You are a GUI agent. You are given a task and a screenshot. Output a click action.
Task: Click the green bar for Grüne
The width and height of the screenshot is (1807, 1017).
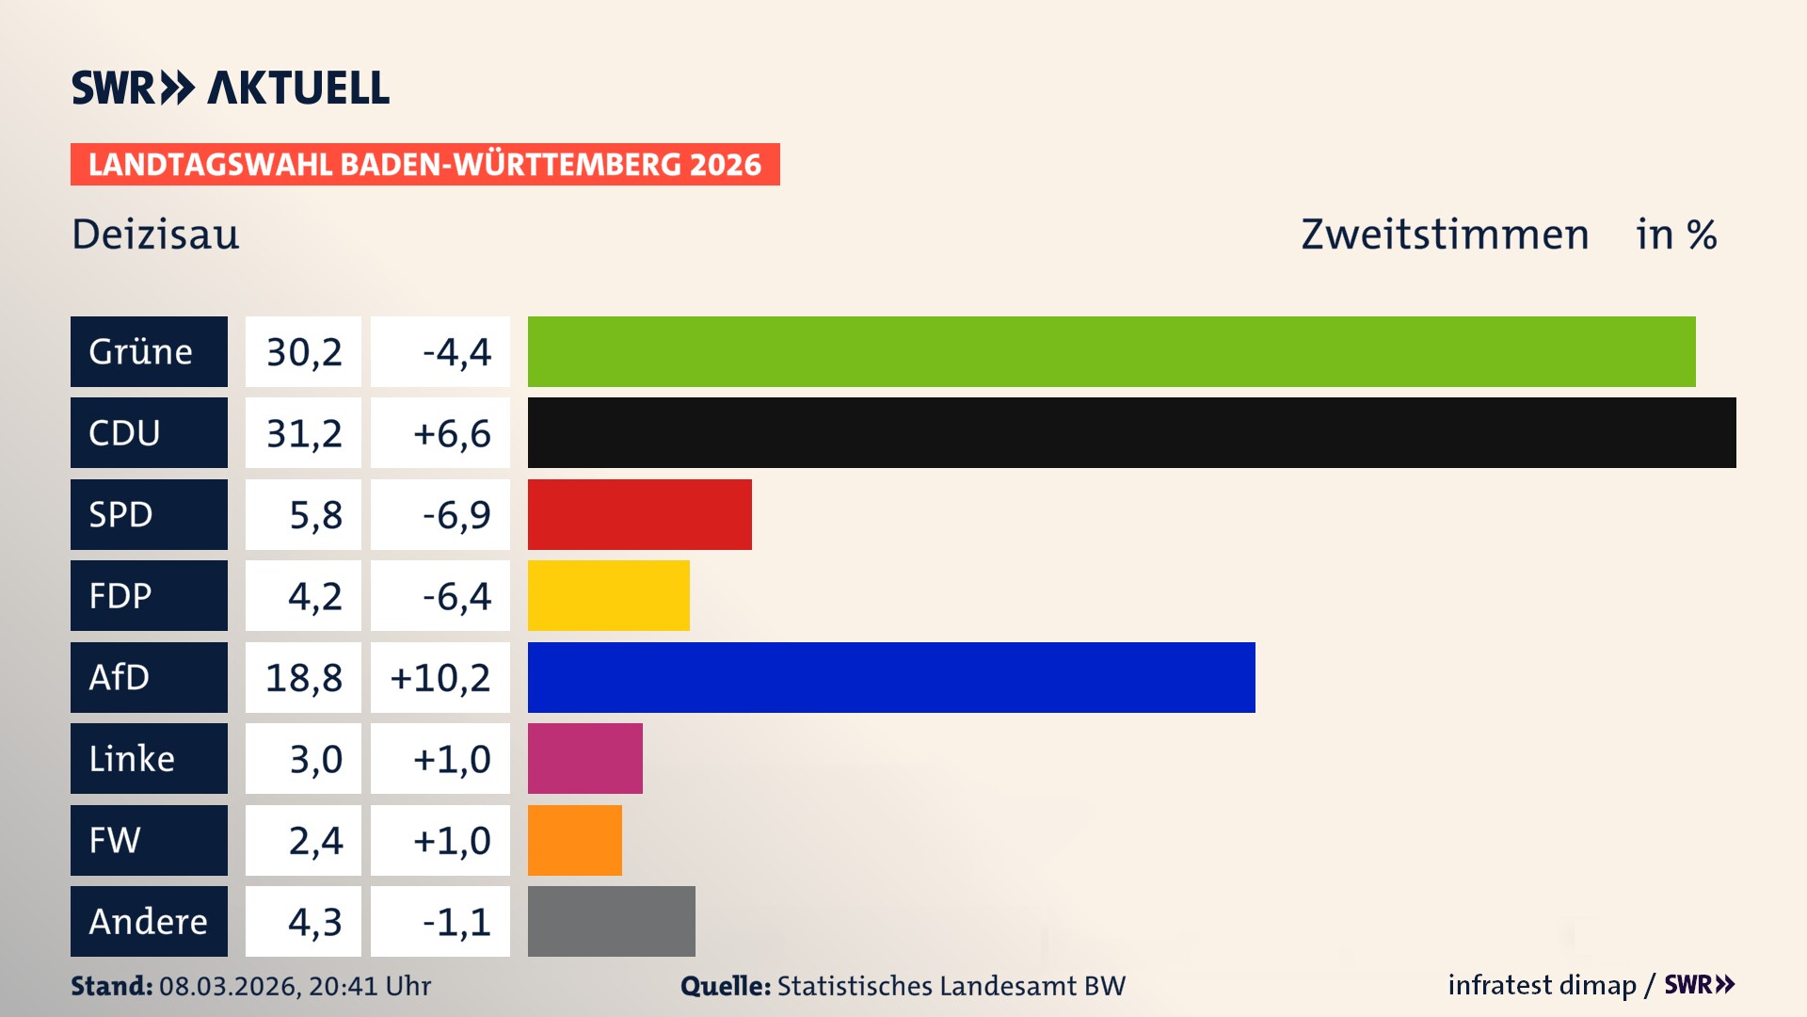point(1111,351)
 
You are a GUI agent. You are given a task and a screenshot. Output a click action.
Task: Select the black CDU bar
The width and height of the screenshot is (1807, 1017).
point(1131,433)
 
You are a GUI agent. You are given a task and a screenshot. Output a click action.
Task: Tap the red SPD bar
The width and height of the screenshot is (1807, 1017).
point(639,514)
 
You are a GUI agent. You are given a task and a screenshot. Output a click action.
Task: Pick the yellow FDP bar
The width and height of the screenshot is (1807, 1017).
point(608,596)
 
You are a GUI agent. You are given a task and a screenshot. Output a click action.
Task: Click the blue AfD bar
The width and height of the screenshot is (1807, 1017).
point(890,677)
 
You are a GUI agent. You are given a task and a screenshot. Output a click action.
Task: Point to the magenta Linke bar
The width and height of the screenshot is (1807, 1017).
point(584,759)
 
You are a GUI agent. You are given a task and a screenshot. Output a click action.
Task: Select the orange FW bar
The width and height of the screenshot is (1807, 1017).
point(574,840)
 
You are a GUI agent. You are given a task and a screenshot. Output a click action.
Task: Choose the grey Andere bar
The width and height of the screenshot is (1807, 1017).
point(611,921)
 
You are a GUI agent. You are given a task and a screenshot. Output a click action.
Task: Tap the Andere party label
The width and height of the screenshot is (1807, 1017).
point(149,921)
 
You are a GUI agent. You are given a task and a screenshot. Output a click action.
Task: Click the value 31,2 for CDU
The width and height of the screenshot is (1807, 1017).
point(303,433)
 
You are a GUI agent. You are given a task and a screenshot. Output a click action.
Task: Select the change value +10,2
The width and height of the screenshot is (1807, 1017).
point(440,677)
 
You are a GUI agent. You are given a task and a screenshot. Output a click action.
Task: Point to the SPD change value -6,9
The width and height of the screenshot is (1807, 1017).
point(456,514)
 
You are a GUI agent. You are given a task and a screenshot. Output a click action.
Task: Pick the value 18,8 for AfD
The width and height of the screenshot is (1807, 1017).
point(303,677)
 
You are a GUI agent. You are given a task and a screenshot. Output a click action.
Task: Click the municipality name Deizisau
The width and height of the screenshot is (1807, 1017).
point(155,234)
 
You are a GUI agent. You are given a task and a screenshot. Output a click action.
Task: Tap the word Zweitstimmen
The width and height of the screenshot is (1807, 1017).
point(1444,234)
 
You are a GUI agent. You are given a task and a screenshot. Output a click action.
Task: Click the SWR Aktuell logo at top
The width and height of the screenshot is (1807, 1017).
point(230,88)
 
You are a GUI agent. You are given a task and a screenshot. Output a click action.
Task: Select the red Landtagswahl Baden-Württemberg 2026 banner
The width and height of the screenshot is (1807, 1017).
point(424,165)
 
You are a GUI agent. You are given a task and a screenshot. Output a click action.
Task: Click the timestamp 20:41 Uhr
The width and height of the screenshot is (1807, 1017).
point(369,986)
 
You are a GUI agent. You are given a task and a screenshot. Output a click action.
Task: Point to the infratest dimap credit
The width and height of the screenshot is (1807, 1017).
point(1542,985)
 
